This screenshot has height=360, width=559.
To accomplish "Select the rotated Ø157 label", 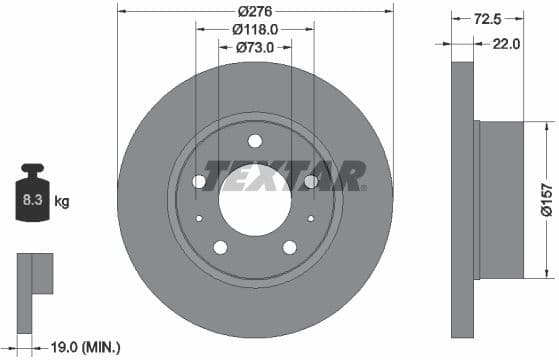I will pos(547,200).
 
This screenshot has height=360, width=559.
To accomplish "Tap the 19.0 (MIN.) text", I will pos(84,346).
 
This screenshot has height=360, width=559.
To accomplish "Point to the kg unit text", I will pos(62,202).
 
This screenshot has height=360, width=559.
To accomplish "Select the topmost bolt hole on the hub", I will pos(254,140).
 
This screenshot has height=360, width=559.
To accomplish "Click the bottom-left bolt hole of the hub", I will pos(220,247).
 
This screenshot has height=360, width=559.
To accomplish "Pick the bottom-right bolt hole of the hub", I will pos(289,247).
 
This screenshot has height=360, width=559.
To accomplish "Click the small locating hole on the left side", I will pos(199,218).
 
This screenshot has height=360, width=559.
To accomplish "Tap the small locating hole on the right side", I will pos(310,218).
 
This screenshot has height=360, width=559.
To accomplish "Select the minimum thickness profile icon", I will pos(34,275).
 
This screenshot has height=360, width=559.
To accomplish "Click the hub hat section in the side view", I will pos(500,200).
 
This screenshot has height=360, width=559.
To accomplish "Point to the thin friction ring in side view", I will pos(462,200).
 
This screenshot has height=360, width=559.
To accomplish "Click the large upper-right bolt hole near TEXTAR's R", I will pos(310,181).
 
